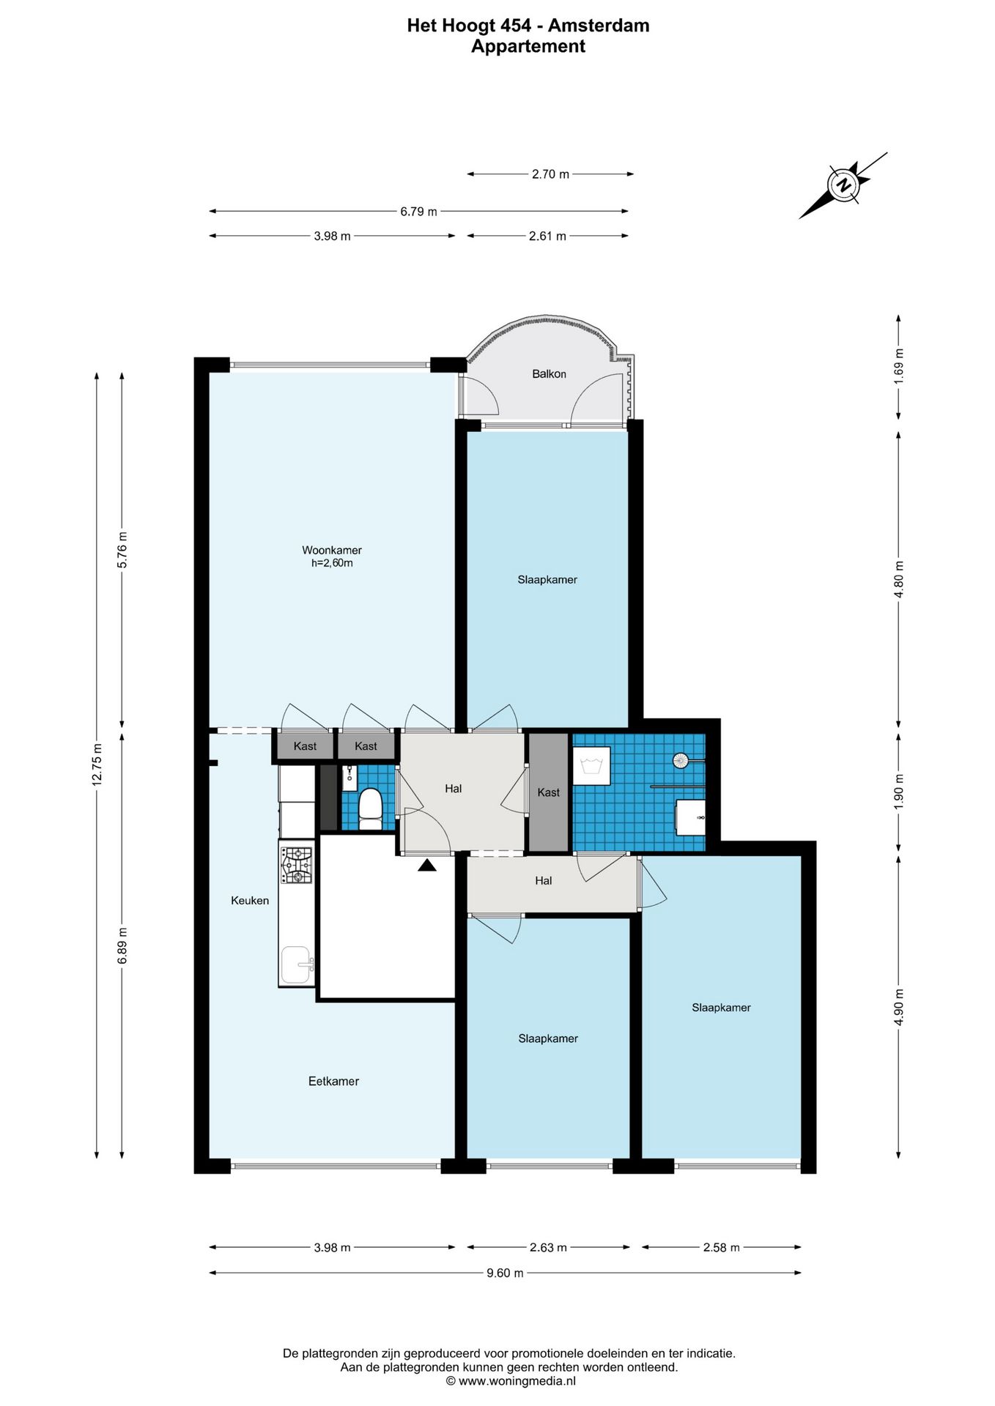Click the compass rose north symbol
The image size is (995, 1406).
[844, 185]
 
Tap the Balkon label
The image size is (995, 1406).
[549, 374]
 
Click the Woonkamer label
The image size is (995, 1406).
[332, 550]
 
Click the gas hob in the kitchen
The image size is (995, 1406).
[297, 865]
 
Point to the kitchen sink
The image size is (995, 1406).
[297, 965]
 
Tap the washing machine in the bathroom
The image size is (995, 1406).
[591, 766]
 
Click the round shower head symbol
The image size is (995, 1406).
[681, 760]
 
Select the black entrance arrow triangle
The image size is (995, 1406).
[427, 865]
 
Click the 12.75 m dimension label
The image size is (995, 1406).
[97, 764]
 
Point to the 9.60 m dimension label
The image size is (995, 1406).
[505, 1273]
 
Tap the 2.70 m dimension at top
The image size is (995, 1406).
[550, 174]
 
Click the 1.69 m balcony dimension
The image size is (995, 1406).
[899, 364]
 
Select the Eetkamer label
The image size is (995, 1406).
[333, 1081]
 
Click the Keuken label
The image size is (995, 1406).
[250, 901]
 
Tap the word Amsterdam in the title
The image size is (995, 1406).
[599, 26]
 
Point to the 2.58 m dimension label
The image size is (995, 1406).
[721, 1247]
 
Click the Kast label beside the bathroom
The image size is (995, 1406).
[548, 792]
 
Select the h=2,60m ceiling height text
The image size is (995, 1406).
[332, 563]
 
